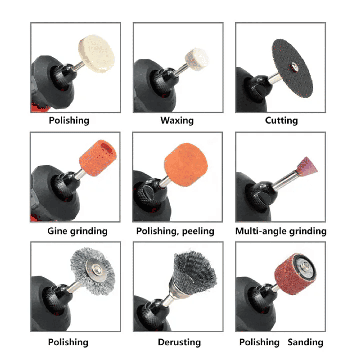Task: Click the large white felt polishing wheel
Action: tap(96, 54)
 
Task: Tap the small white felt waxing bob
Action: tap(197, 59)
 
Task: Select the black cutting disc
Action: tap(292, 68)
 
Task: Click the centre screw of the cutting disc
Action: tap(294, 67)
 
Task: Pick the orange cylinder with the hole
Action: tap(98, 158)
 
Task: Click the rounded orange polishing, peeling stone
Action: tap(186, 165)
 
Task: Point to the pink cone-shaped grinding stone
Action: tap(307, 166)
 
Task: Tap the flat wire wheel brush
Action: tap(93, 271)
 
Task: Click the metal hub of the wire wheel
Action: tap(94, 269)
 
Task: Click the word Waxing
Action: tap(177, 121)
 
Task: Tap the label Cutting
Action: tap(281, 121)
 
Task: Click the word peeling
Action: tap(198, 231)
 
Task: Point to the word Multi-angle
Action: tap(261, 231)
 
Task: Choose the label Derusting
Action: tap(179, 342)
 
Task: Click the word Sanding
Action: tap(305, 342)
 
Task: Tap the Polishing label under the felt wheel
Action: tap(69, 121)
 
